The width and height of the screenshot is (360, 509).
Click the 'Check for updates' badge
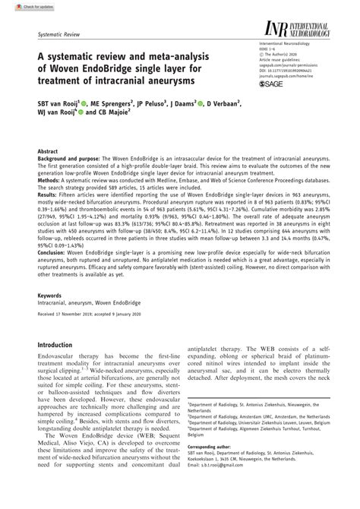(23, 5)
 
